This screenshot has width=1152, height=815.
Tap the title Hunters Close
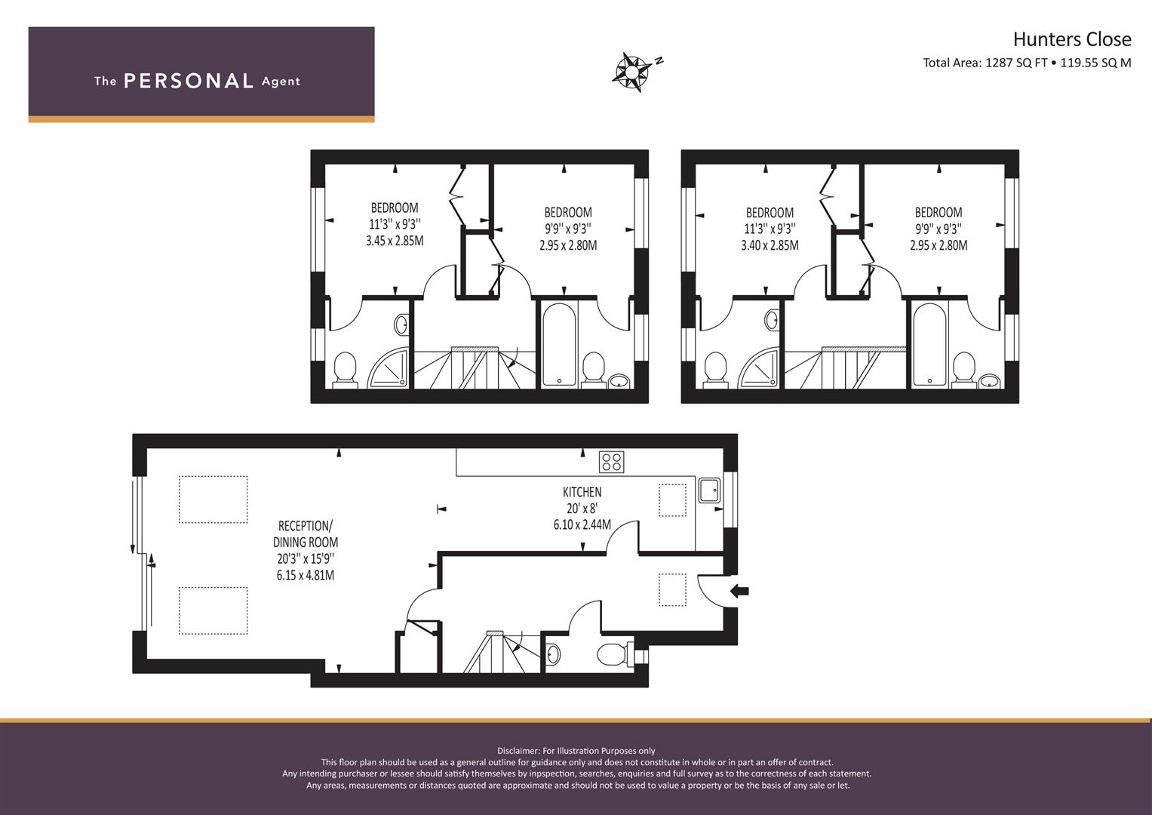[1071, 39]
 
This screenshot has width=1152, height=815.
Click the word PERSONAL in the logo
[189, 81]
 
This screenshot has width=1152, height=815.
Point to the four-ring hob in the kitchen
[611, 462]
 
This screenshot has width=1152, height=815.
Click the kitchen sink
[709, 491]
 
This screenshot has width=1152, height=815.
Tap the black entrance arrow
[739, 592]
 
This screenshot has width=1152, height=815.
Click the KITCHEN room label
[582, 492]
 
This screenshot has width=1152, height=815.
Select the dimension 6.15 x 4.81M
[305, 575]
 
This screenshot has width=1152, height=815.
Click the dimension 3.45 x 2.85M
[394, 241]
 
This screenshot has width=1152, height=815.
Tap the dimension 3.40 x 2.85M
[769, 245]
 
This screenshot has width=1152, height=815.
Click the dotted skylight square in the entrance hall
[672, 590]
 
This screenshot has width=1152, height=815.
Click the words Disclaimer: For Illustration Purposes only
[576, 751]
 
